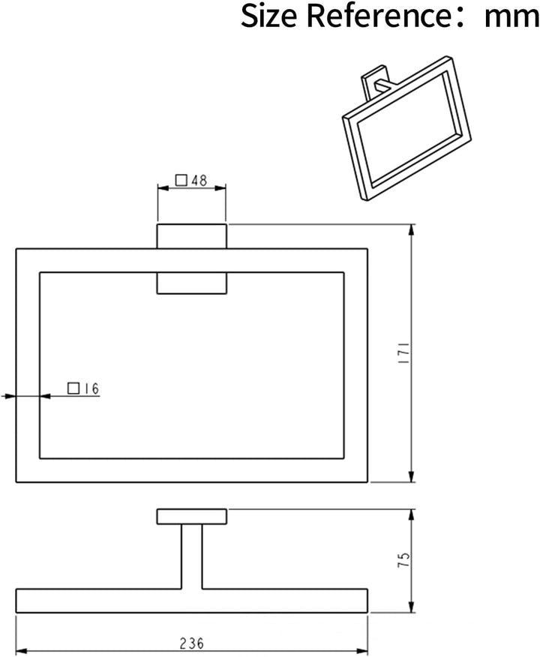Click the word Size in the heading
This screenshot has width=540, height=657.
coord(268,16)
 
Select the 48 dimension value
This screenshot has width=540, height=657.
coord(199,180)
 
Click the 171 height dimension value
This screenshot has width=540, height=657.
coord(403,352)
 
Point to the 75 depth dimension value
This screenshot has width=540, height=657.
coord(403,560)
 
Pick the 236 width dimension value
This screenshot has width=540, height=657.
coord(192,643)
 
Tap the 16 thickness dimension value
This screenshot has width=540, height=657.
coord(91,388)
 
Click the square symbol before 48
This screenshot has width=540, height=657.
coord(181,180)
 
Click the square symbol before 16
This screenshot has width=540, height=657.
coord(73,388)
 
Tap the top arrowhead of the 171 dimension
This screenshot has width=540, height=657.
coord(412,230)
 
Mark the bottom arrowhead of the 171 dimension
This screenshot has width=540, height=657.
coord(412,476)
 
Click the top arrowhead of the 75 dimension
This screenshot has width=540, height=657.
coord(412,515)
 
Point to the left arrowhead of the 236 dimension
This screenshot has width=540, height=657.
coord(22,651)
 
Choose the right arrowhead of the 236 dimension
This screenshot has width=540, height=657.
coord(361,651)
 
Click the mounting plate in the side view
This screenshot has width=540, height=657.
coord(192,517)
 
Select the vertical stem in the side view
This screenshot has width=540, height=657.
coord(192,556)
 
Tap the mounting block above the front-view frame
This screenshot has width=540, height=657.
coord(192,236)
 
